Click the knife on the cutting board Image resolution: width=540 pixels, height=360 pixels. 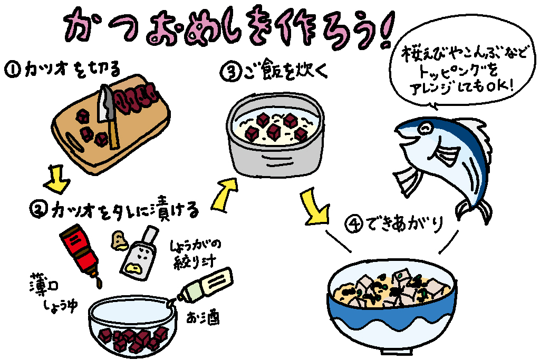[108, 116]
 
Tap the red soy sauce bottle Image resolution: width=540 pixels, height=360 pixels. [81, 252]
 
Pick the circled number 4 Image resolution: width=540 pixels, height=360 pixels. [354, 224]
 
